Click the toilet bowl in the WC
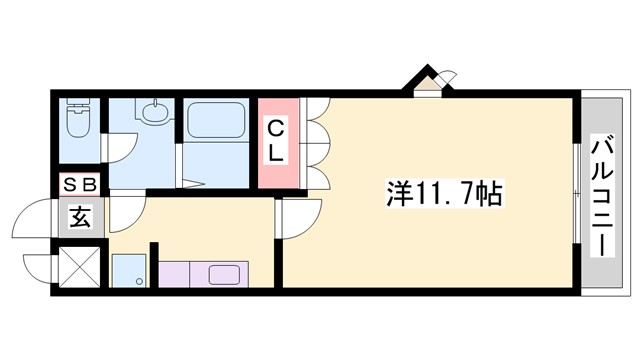77,122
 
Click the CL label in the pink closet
277,141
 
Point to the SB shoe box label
80,186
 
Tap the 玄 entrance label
80,216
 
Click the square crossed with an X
80,265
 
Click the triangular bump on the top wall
428,81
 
